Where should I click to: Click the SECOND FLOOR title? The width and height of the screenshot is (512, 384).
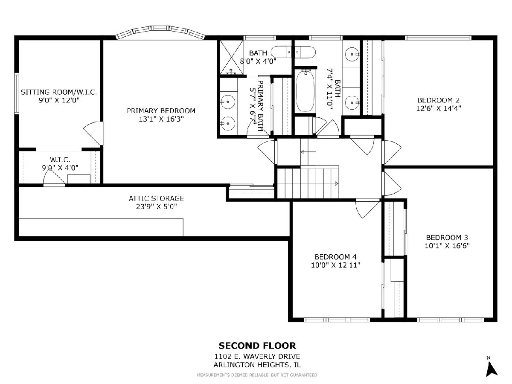click(x=257, y=346)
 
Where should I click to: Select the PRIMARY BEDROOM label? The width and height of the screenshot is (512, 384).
click(x=161, y=111)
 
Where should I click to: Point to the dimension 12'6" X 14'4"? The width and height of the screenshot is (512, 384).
click(x=439, y=108)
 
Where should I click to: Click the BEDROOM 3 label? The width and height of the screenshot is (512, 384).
click(x=447, y=238)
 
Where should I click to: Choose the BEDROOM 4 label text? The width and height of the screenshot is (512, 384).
click(x=335, y=257)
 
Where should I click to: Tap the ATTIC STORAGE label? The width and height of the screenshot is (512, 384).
click(x=156, y=198)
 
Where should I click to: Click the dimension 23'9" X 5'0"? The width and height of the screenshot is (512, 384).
click(x=156, y=207)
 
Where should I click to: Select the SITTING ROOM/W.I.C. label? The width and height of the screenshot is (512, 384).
click(x=59, y=92)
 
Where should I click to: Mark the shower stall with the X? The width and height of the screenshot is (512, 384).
click(x=231, y=57)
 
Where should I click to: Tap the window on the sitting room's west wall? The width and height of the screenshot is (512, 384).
click(x=17, y=93)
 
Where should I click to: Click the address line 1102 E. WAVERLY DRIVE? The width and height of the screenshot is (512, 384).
click(x=257, y=357)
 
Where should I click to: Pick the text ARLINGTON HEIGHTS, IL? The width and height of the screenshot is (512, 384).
click(x=257, y=365)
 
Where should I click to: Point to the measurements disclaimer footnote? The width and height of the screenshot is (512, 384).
click(x=257, y=375)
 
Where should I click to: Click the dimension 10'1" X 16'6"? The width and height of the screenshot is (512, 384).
click(x=447, y=246)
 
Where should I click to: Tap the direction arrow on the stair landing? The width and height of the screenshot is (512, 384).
click(x=308, y=152)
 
